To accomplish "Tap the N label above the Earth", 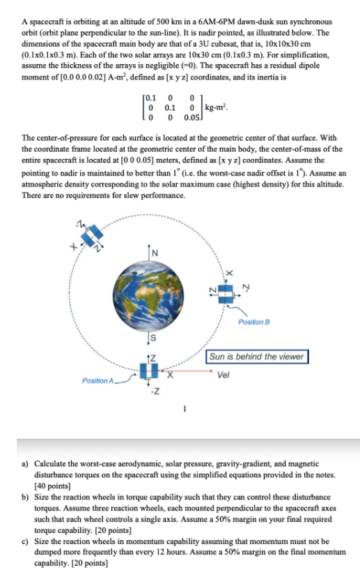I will click(x=155, y=251).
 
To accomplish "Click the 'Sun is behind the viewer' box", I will click(x=257, y=357).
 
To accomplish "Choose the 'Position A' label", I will click(x=97, y=381).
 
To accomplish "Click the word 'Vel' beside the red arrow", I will click(x=223, y=374).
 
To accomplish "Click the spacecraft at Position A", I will click(x=149, y=370).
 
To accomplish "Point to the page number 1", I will click(x=185, y=408).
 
